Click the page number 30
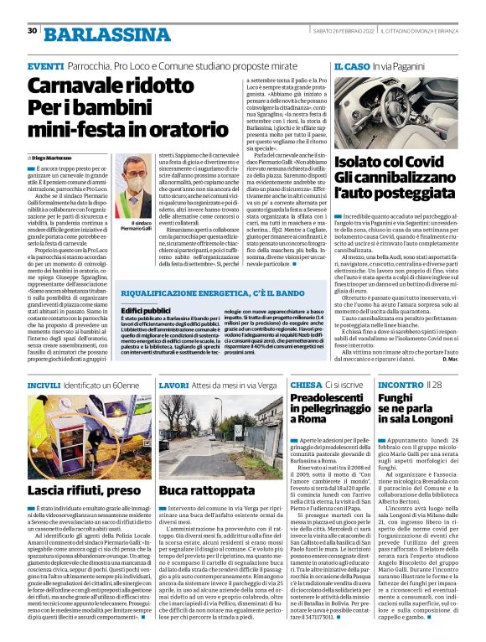(x=32, y=31)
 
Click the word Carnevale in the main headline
(x=76, y=86)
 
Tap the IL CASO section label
(x=353, y=65)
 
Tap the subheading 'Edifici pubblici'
(x=147, y=309)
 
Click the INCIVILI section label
(x=44, y=386)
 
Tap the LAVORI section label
(x=173, y=386)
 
